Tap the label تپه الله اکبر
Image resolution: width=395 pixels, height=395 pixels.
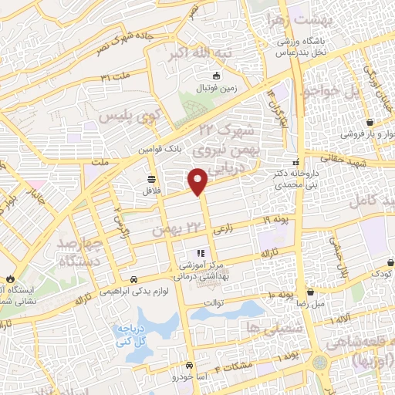[x=190, y=56]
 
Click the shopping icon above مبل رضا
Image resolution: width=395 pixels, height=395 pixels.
[x=310, y=292]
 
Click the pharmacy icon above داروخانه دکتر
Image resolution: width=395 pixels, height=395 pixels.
[x=293, y=174]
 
